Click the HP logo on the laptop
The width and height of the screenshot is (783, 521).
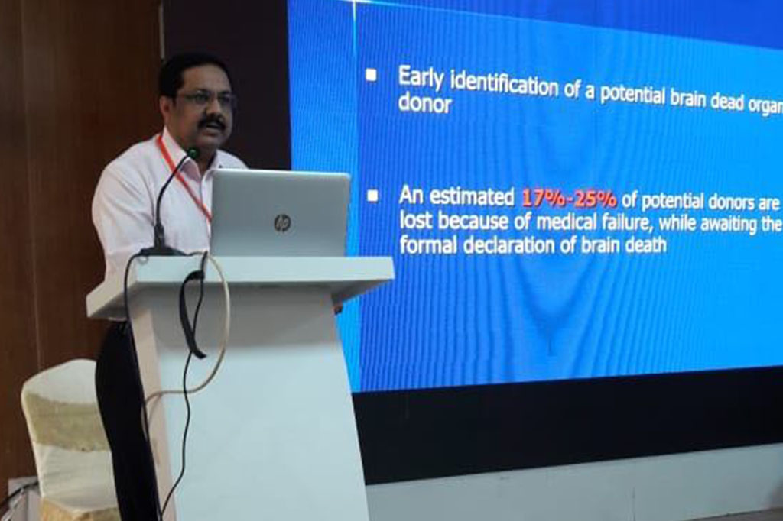282,222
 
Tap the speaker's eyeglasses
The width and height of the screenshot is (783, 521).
206,98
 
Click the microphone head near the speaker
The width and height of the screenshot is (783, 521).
193,152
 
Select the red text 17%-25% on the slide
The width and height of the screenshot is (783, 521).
569,199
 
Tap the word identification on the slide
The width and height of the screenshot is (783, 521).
504,85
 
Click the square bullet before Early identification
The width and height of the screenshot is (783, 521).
372,76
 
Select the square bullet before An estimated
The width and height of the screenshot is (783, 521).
372,196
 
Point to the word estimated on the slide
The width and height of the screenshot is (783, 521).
472,197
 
